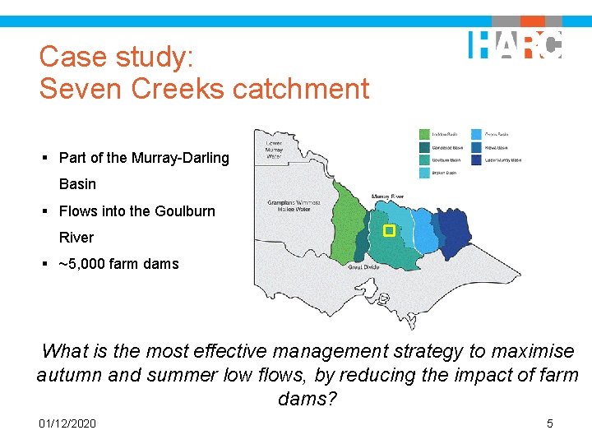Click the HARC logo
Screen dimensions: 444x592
click(x=516, y=44)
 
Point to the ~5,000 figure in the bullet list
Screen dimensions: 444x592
click(x=85, y=264)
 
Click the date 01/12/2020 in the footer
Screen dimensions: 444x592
click(x=67, y=423)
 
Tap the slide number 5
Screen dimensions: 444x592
click(x=550, y=423)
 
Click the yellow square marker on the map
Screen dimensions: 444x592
click(x=390, y=231)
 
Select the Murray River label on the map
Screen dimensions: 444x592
click(x=387, y=197)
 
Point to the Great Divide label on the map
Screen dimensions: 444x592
click(x=363, y=267)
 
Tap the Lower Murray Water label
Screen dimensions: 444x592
click(x=274, y=150)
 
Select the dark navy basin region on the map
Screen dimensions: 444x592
click(x=455, y=229)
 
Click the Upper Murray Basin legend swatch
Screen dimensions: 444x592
click(x=476, y=160)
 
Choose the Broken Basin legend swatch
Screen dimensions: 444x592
click(x=425, y=173)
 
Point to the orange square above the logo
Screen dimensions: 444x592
click(x=532, y=21)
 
